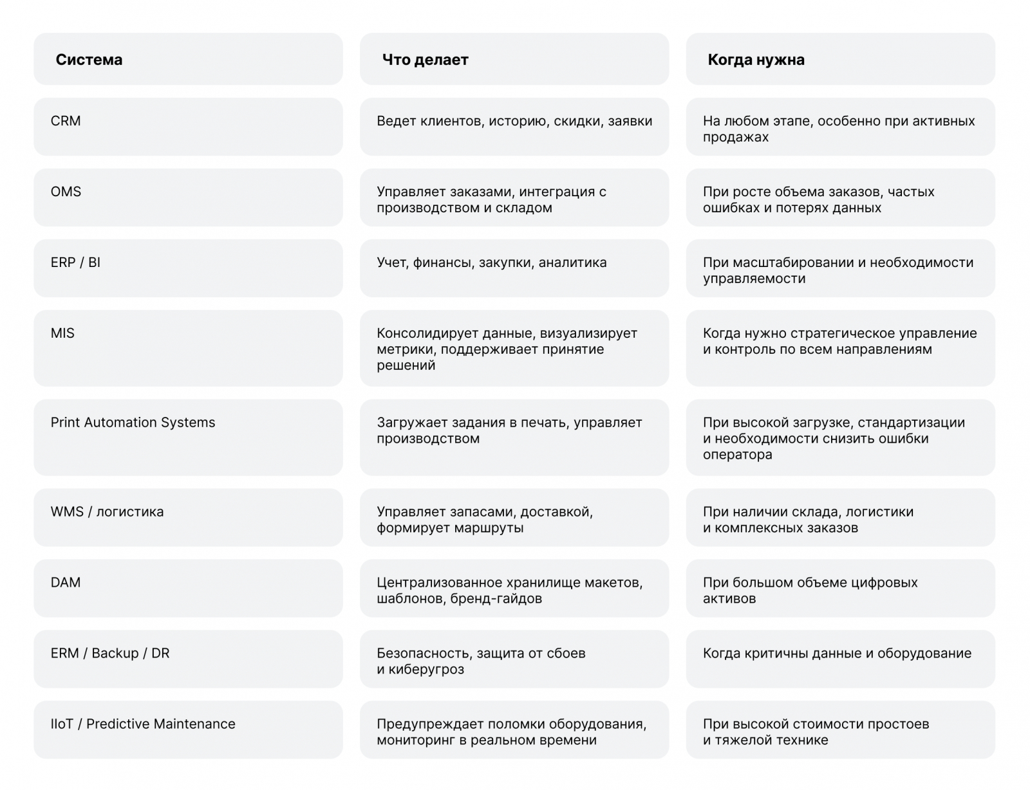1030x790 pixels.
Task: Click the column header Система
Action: coord(89,60)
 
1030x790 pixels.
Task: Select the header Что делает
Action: coord(425,60)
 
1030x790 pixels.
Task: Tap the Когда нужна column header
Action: coord(756,60)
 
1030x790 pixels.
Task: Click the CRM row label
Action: coord(66,121)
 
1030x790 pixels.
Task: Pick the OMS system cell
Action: coord(66,192)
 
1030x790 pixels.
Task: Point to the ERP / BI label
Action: coord(75,262)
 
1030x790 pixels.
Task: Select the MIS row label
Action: coord(62,333)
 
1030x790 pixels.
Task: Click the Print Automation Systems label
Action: coord(133,423)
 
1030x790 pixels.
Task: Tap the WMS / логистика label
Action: coord(107,512)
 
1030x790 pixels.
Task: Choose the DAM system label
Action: coord(66,583)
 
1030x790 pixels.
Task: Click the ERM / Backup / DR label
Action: coord(109,654)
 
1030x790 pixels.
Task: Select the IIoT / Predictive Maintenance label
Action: coord(143,724)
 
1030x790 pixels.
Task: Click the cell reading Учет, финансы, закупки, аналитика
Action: coord(491,262)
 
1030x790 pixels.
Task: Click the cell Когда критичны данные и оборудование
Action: coord(837,654)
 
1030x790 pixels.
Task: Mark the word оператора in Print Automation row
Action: coord(737,455)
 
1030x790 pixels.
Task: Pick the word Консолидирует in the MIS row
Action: coord(423,333)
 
